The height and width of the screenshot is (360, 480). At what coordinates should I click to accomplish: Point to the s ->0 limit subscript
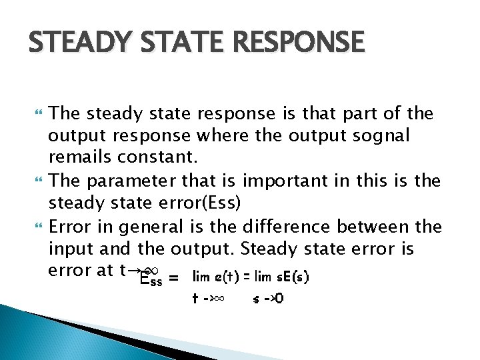268,298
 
